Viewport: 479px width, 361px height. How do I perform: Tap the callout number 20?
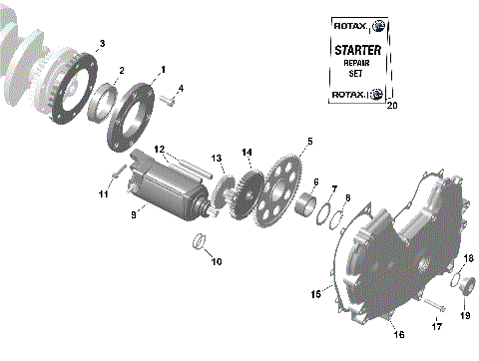click(391, 106)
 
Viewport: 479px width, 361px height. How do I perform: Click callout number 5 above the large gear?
click(309, 142)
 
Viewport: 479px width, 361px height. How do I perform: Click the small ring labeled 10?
click(200, 242)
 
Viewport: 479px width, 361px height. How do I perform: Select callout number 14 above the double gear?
click(246, 152)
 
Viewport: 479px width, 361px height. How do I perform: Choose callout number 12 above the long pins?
click(186, 149)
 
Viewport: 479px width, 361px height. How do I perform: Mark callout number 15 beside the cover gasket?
click(316, 294)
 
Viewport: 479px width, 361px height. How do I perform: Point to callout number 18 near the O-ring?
click(468, 258)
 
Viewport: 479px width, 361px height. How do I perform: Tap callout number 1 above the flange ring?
click(160, 67)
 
